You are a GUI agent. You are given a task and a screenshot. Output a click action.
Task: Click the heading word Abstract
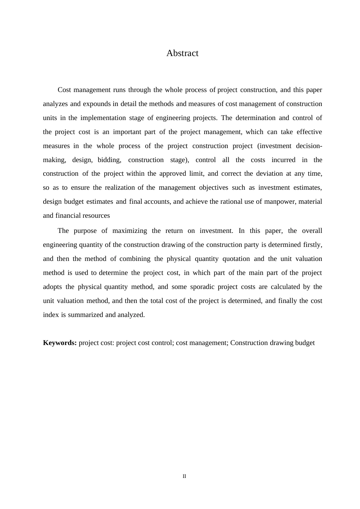tap(182, 53)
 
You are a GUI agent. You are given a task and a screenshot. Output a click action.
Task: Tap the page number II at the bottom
tap(185, 476)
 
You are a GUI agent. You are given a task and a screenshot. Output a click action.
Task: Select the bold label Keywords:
tap(60, 343)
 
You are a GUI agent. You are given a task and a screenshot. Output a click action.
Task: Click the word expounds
tap(97, 104)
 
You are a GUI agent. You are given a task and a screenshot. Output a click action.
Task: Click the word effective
tap(309, 132)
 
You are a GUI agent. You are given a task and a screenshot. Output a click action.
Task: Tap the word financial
tap(71, 215)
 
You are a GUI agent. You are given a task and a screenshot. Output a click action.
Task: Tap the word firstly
tap(313, 245)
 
